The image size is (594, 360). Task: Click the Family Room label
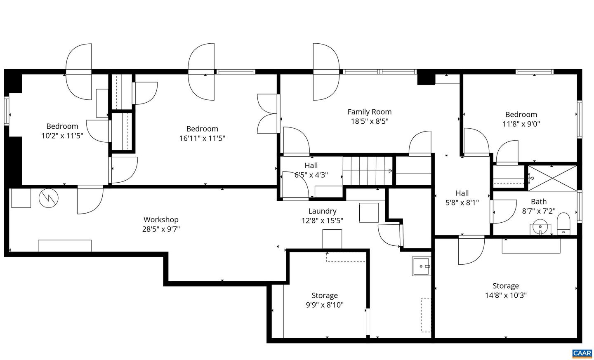pyautogui.click(x=369, y=112)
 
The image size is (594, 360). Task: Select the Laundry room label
pyautogui.click(x=322, y=211)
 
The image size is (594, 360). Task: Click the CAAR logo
pyautogui.click(x=582, y=353)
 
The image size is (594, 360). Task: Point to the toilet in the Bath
pyautogui.click(x=563, y=224)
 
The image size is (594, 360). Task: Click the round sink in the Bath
pyautogui.click(x=540, y=227)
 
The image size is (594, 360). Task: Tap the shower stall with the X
pyautogui.click(x=552, y=178)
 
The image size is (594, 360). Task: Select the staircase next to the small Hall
pyautogui.click(x=367, y=171)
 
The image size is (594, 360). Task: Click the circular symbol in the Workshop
pyautogui.click(x=49, y=198)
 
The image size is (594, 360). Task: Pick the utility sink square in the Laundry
pyautogui.click(x=421, y=266)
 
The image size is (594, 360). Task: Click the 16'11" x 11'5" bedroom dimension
pyautogui.click(x=202, y=139)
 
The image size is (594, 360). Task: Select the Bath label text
pyautogui.click(x=538, y=202)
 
